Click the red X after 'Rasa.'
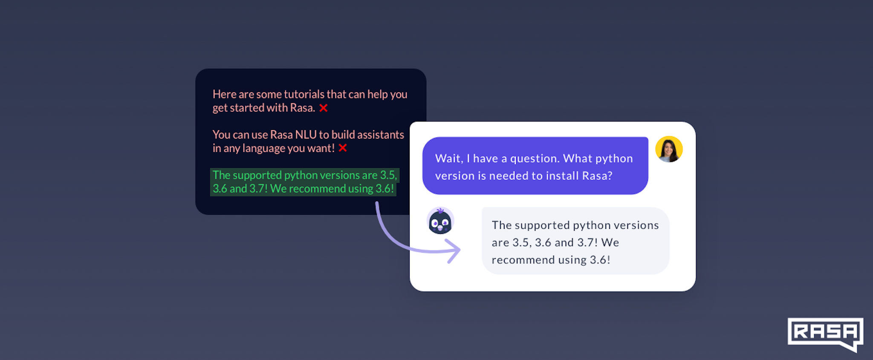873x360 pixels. point(324,108)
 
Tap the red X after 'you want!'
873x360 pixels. point(343,148)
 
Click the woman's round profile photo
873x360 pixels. point(669,149)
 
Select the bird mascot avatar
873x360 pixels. point(440,221)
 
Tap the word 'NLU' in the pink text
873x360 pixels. point(306,135)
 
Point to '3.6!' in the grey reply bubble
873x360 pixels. point(600,260)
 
